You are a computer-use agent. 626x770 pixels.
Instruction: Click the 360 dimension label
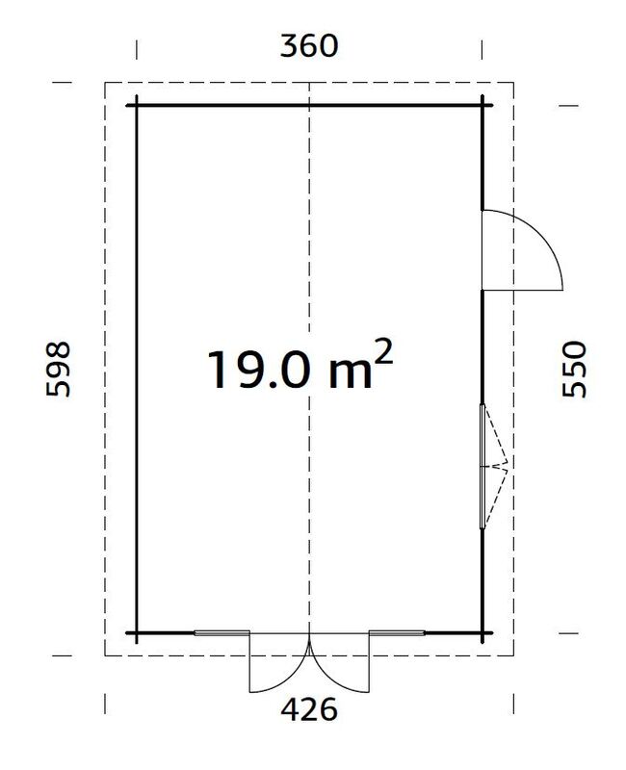[308, 45]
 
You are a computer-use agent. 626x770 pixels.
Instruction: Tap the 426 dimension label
[308, 710]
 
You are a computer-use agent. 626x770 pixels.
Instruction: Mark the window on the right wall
[483, 466]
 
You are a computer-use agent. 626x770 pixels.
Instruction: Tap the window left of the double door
[222, 633]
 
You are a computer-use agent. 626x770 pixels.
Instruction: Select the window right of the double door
[397, 633]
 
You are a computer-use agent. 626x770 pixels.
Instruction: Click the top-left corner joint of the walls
[136, 105]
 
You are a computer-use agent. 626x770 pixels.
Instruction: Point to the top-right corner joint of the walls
[482, 105]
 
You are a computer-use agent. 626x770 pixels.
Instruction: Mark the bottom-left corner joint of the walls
[136, 633]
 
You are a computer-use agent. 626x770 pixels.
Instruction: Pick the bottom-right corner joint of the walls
[482, 633]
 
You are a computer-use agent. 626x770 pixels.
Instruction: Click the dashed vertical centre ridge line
[308, 241]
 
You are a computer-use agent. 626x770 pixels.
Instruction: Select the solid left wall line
[136, 289]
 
